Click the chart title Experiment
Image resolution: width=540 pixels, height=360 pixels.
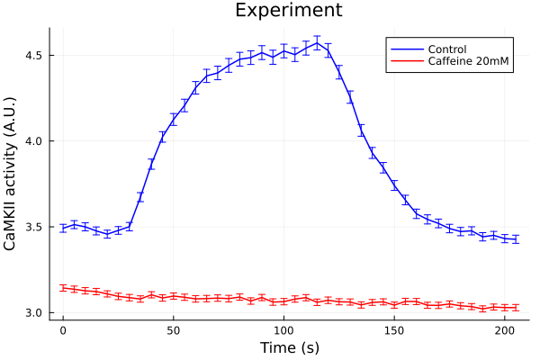pos(288,11)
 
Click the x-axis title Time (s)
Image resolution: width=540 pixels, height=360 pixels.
pos(289,347)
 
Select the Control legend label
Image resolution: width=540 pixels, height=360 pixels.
pos(447,49)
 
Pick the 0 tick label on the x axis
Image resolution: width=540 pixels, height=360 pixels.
pos(63,330)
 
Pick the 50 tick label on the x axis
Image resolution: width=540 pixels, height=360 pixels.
pos(174,330)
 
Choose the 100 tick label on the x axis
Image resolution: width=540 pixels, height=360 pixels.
pos(283,330)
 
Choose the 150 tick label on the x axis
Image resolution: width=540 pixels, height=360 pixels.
pos(394,330)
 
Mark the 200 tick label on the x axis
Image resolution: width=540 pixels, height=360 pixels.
pos(505,330)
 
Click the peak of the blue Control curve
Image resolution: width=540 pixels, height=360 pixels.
pos(317,42)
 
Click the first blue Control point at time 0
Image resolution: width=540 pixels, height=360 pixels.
pos(63,229)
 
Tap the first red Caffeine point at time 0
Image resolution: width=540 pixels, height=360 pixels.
pos(63,288)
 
